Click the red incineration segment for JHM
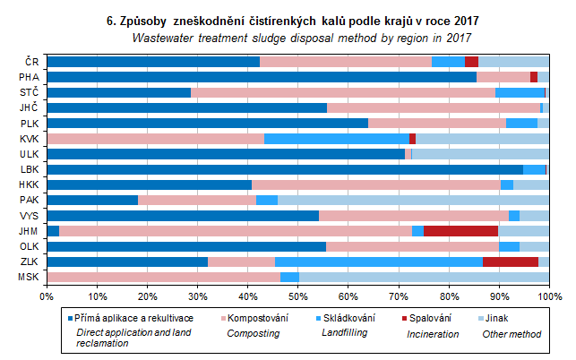[460, 231]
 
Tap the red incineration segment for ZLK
[510, 261]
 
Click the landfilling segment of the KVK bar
[337, 139]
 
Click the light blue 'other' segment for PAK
[413, 200]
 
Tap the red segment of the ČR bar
[471, 62]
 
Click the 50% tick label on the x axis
[298, 296]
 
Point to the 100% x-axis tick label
[547, 296]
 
